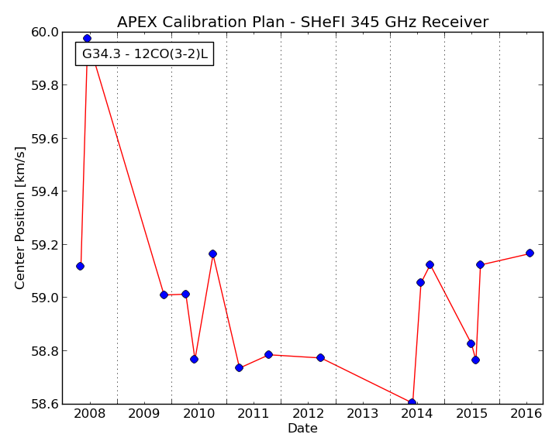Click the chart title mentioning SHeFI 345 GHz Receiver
(x=302, y=22)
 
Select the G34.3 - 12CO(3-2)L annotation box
(x=144, y=53)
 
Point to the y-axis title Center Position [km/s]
(x=20, y=218)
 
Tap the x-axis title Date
(x=302, y=428)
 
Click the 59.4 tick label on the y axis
(x=45, y=191)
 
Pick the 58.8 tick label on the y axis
(x=45, y=351)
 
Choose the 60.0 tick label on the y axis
(x=45, y=32)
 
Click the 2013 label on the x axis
(x=363, y=413)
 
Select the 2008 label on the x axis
(x=89, y=413)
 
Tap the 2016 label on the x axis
(x=526, y=413)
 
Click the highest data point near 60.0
(x=87, y=38)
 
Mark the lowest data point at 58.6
(x=412, y=403)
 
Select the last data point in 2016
(x=530, y=253)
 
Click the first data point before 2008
(x=80, y=266)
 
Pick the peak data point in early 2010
(x=213, y=253)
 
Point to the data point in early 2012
(x=320, y=357)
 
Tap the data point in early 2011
(x=268, y=355)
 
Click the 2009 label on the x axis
(x=144, y=413)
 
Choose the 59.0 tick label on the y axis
(x=45, y=298)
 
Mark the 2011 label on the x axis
(x=253, y=413)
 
